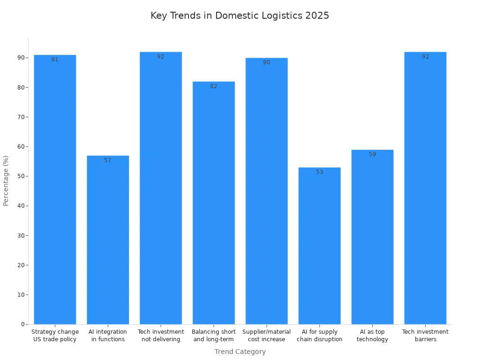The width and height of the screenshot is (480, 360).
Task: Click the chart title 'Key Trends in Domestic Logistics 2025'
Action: point(240,15)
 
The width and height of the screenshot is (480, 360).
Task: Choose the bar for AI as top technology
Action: point(372,237)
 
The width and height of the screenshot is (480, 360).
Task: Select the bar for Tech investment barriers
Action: point(425,188)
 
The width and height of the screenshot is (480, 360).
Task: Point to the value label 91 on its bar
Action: point(55,60)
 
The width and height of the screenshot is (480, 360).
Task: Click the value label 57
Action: point(108,160)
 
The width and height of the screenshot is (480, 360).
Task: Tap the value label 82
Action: point(214,86)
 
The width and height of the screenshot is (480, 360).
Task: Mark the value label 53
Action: point(319,172)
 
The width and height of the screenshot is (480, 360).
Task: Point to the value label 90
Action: point(266,62)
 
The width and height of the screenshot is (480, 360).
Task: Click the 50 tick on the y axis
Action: point(21,176)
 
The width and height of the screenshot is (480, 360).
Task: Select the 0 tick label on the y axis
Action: point(22,324)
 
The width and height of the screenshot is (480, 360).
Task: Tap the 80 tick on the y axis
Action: point(21,87)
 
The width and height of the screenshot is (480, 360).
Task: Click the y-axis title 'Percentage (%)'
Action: point(6,180)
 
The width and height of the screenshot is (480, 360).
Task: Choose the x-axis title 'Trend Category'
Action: point(240,352)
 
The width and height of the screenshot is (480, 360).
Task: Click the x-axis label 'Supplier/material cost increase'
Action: point(266,336)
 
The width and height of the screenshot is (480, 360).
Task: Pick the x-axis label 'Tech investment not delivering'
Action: point(161,336)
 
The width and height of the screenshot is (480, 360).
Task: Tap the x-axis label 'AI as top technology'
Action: point(372,336)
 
